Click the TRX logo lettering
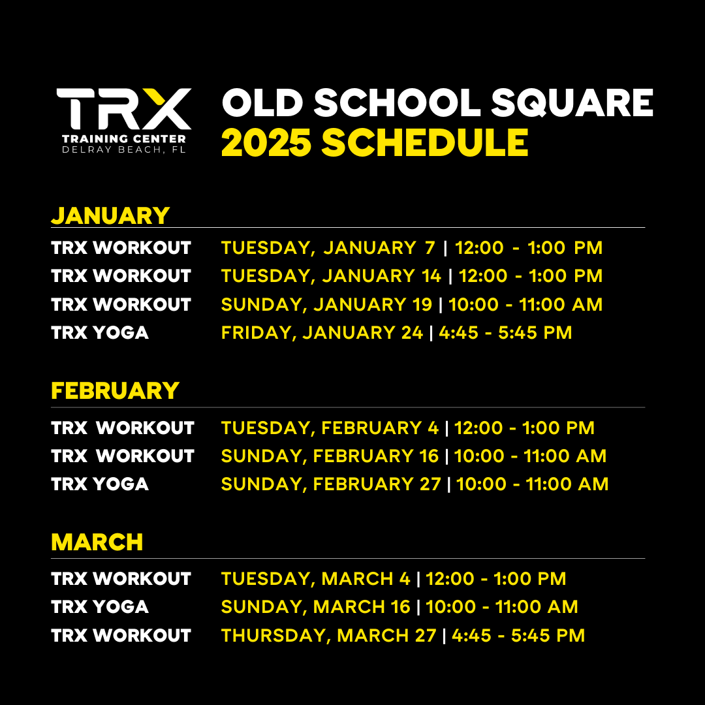[x=124, y=108]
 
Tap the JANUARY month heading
[x=110, y=215]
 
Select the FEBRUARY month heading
[x=115, y=391]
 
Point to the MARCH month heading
[x=97, y=542]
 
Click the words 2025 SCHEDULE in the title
[x=375, y=144]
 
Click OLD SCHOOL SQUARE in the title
[x=437, y=103]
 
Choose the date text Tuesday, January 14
[x=331, y=276]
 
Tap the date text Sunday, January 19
[x=326, y=305]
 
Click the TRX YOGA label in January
[x=100, y=333]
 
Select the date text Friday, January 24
[x=322, y=333]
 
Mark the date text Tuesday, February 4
[x=330, y=428]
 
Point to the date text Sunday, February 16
[x=330, y=456]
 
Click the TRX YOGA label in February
[x=100, y=484]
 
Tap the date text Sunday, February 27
[x=331, y=484]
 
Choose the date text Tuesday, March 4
[x=316, y=579]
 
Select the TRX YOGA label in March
[x=100, y=607]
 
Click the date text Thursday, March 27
[x=328, y=636]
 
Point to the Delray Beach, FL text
[x=123, y=150]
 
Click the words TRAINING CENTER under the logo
[x=123, y=138]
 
